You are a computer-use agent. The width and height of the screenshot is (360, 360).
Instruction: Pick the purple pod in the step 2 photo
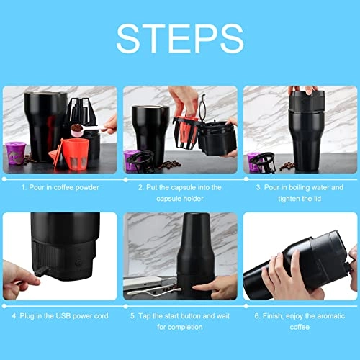pyautogui.click(x=134, y=156)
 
